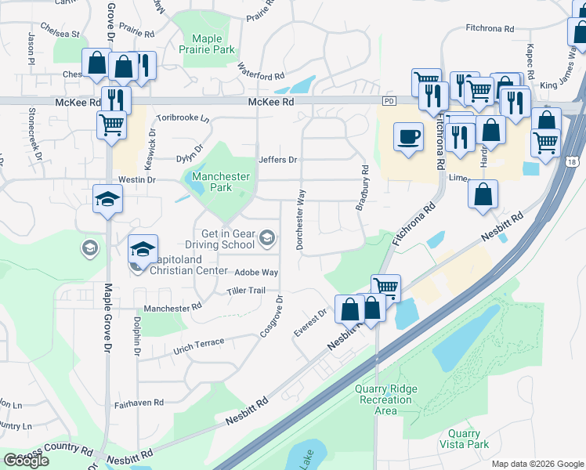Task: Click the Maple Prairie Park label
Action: coord(213,44)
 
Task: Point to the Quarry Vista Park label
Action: coord(468,439)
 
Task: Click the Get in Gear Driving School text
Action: coord(229,238)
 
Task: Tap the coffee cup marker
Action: coord(407,137)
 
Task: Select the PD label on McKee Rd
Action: coord(389,102)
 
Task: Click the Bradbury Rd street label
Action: coord(362,188)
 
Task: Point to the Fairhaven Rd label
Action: coord(138,403)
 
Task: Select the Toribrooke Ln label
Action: coord(183,118)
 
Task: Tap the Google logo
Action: coord(26,461)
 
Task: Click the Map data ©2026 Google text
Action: coord(537,464)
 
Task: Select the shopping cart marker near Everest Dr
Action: coord(385,287)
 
